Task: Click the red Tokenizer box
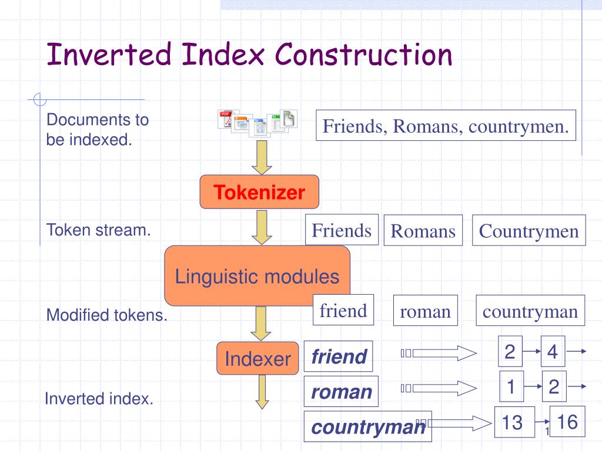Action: tap(259, 192)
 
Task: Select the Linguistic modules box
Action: tap(257, 276)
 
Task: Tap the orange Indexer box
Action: tap(257, 358)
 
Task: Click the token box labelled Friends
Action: tap(342, 230)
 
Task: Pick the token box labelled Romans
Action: tap(423, 230)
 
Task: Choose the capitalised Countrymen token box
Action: tap(529, 230)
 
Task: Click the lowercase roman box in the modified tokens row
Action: tap(426, 310)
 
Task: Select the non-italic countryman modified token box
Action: tap(530, 310)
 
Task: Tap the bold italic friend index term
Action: tap(338, 356)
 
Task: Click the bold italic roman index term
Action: tap(341, 391)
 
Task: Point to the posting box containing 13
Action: tap(514, 422)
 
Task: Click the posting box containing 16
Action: tap(567, 421)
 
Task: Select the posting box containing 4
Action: tap(553, 351)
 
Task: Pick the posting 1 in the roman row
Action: tap(511, 386)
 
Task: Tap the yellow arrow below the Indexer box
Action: tap(262, 392)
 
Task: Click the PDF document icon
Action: tap(226, 119)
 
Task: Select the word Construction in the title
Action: tap(363, 54)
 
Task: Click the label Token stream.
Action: tap(98, 230)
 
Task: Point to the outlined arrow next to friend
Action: tap(439, 353)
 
